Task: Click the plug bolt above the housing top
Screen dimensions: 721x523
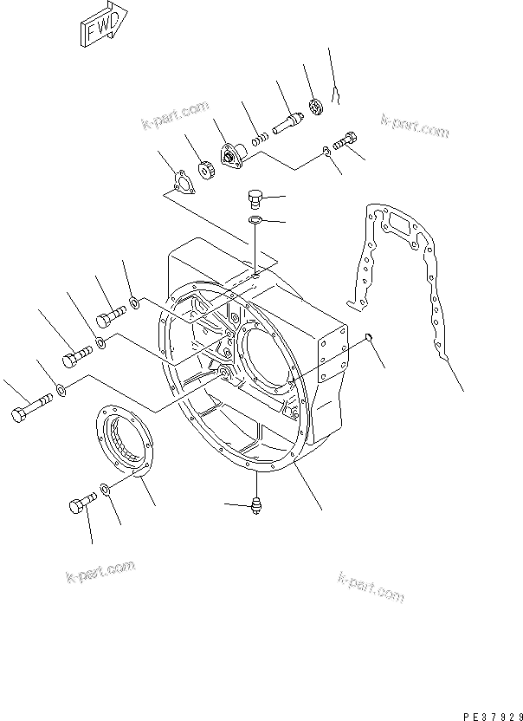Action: (x=255, y=198)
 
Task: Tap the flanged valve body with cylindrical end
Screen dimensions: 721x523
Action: (x=233, y=159)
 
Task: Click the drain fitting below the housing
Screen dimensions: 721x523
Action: (x=256, y=505)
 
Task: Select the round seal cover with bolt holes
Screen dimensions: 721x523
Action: (x=123, y=443)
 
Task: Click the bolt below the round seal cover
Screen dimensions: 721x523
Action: (x=80, y=503)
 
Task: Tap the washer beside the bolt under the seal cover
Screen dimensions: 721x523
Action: (x=105, y=491)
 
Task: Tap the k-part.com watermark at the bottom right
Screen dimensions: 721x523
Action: (x=371, y=587)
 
